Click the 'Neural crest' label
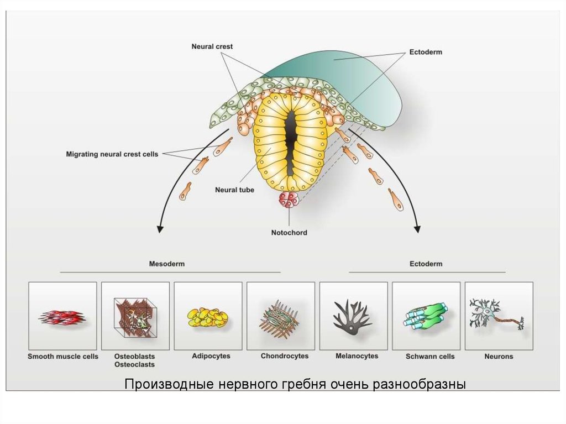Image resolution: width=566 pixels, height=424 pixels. coord(212,46)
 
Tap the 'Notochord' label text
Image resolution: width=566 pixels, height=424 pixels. coord(289,233)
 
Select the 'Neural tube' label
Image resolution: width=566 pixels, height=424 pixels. coord(234,190)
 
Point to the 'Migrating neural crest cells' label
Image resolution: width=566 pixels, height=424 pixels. coord(112,154)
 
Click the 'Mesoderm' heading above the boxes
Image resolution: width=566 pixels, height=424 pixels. coord(167,264)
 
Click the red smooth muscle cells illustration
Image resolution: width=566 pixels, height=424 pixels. coord(62,317)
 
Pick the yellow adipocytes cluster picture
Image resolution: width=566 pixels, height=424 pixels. coord(207,317)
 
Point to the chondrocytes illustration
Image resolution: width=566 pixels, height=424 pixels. coord(280,317)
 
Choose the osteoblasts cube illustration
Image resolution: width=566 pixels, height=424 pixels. coord(135,317)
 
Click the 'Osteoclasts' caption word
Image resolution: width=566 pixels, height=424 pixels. coord(134,365)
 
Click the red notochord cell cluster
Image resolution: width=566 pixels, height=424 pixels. coord(289,199)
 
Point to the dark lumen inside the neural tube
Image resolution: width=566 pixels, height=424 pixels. coord(290,133)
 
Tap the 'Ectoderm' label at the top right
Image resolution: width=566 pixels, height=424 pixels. coord(426,52)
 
